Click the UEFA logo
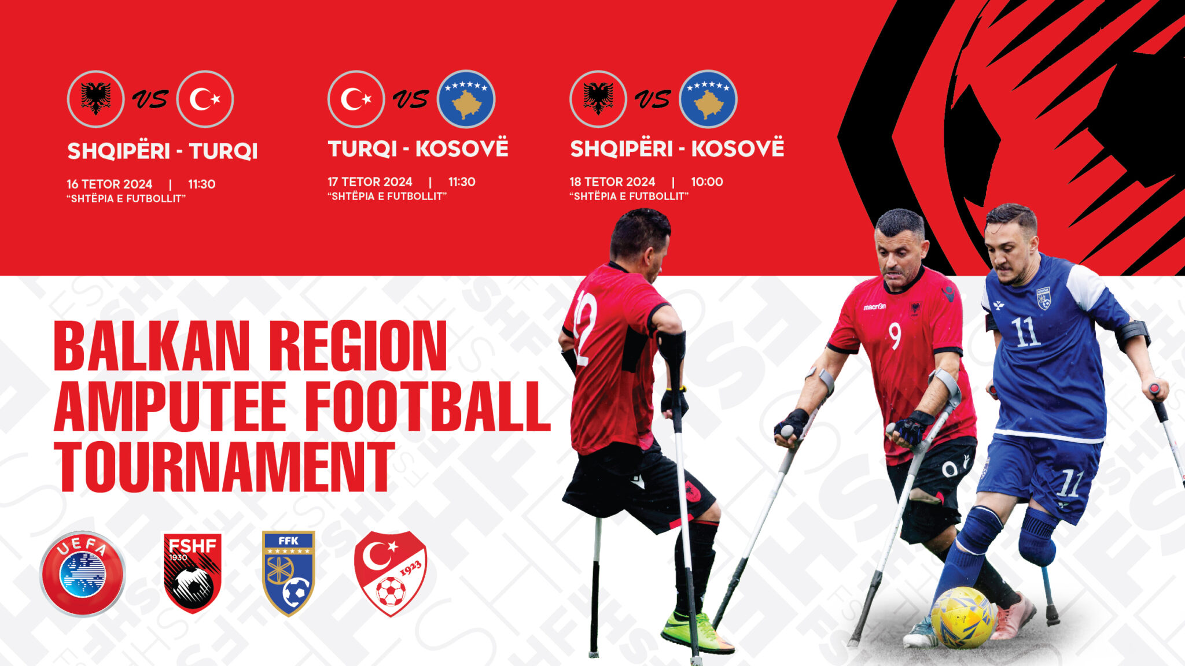[x=82, y=573]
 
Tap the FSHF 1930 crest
[x=193, y=573]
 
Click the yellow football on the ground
[x=963, y=617]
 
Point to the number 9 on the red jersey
[x=895, y=336]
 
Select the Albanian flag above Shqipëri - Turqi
[x=95, y=99]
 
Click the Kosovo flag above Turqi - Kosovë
[x=466, y=99]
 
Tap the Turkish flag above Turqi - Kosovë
[x=356, y=99]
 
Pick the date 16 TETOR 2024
[x=109, y=184]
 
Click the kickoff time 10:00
[x=707, y=182]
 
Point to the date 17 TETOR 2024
[x=370, y=182]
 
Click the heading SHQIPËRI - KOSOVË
[x=677, y=148]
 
